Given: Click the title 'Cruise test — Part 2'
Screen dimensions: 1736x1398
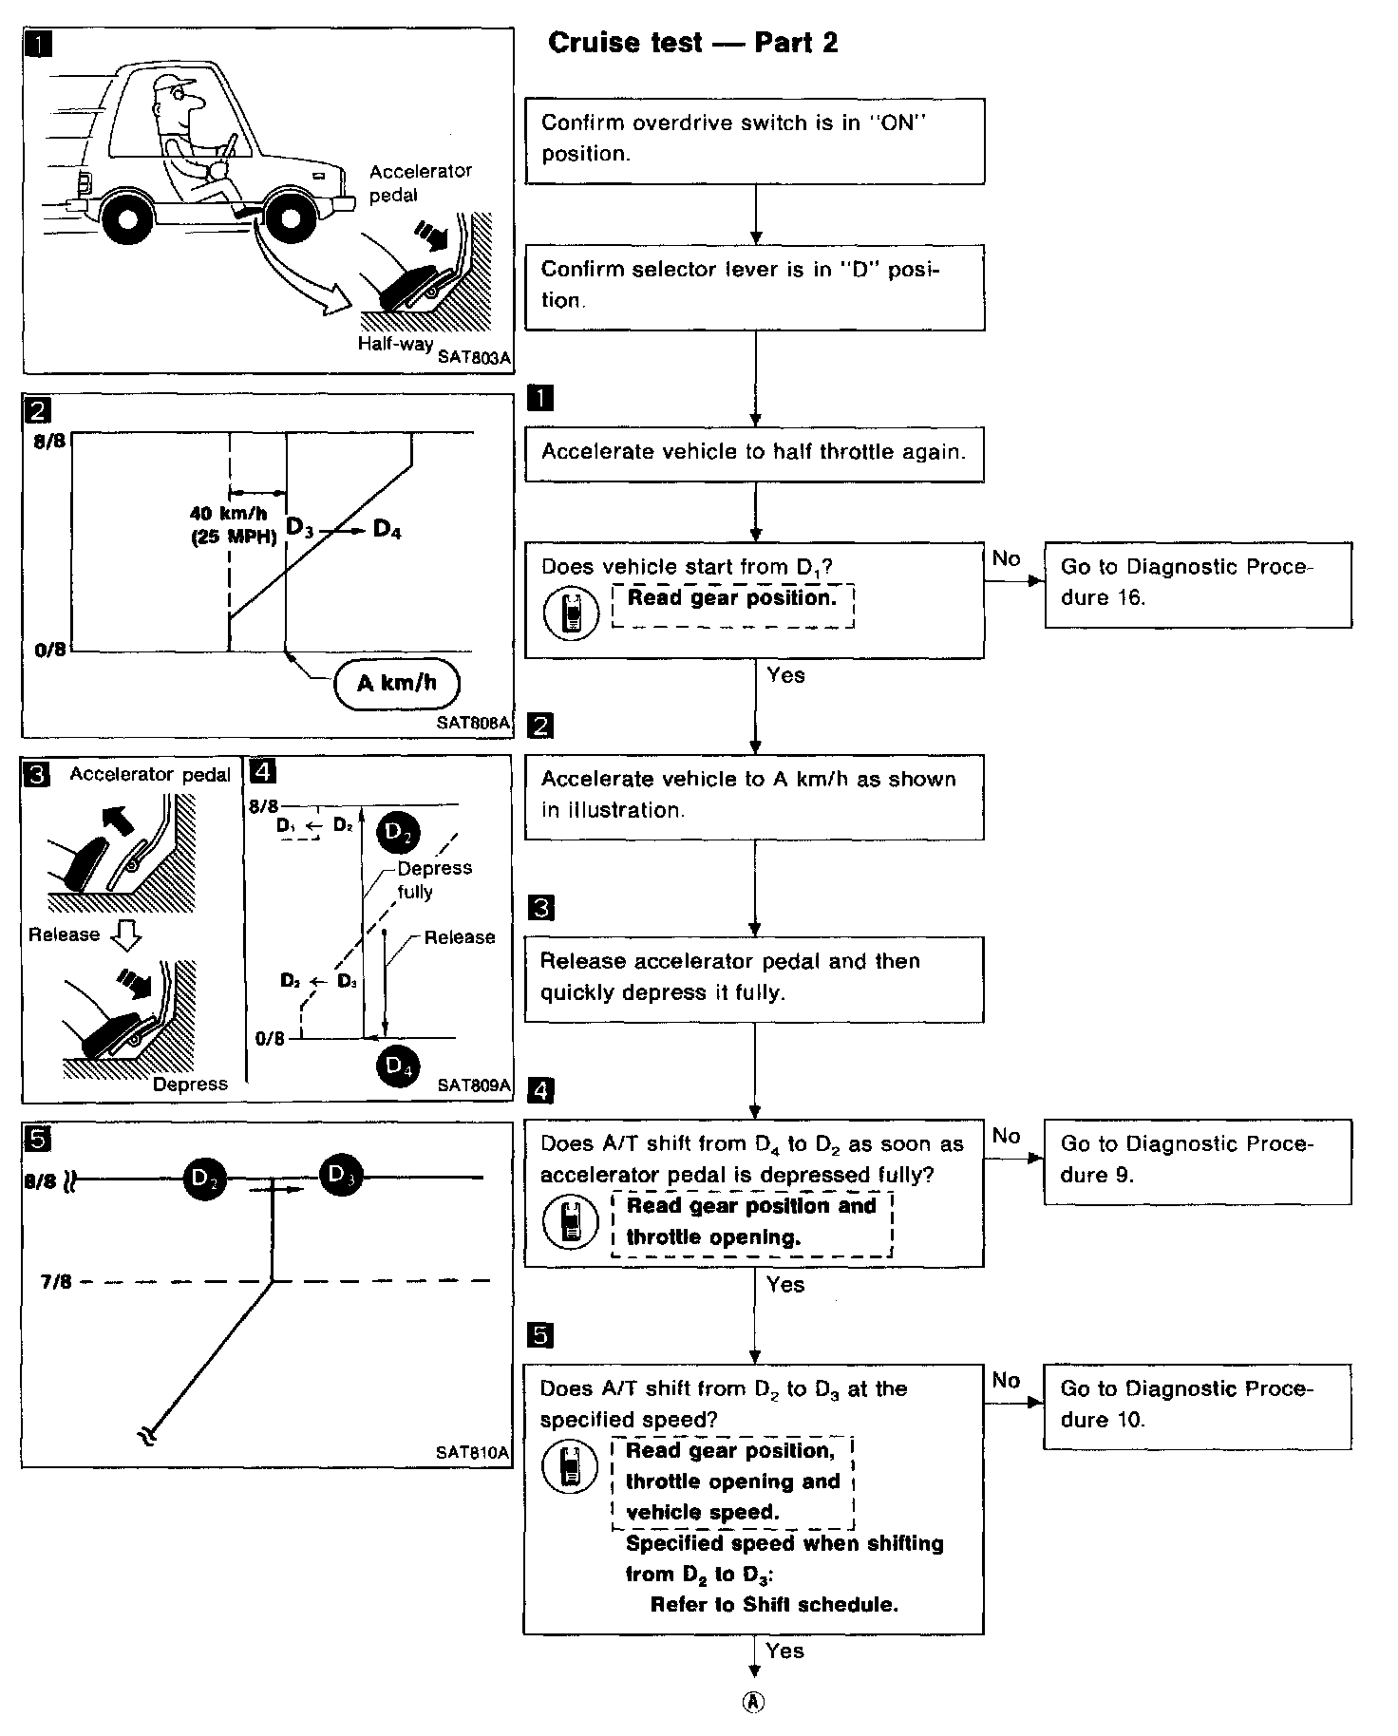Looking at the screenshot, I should pyautogui.click(x=692, y=43).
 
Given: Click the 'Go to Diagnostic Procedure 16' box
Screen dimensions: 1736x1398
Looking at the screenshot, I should pyautogui.click(x=1197, y=584).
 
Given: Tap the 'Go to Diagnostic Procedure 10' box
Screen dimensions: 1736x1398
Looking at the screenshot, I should pyautogui.click(x=1197, y=1406).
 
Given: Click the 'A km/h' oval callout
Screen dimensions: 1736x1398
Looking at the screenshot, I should pyautogui.click(x=396, y=683).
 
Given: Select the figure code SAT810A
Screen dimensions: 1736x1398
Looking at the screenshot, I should pyautogui.click(x=472, y=1452).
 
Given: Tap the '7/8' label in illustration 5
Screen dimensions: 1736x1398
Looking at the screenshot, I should pyautogui.click(x=56, y=1281).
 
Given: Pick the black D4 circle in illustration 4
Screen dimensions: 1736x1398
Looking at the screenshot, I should pyautogui.click(x=397, y=1066).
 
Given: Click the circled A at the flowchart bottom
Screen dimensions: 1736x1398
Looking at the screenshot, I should pyautogui.click(x=753, y=1702).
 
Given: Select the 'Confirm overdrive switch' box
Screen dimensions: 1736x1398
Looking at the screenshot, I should pyautogui.click(x=754, y=140).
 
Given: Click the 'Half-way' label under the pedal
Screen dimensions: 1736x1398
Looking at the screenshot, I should pyautogui.click(x=395, y=344).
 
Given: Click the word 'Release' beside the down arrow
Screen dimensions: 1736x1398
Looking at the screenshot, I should pyautogui.click(x=64, y=934).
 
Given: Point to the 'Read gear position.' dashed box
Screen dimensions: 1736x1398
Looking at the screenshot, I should pyautogui.click(x=732, y=605).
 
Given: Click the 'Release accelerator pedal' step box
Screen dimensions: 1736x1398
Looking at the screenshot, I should pyautogui.click(x=754, y=978).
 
